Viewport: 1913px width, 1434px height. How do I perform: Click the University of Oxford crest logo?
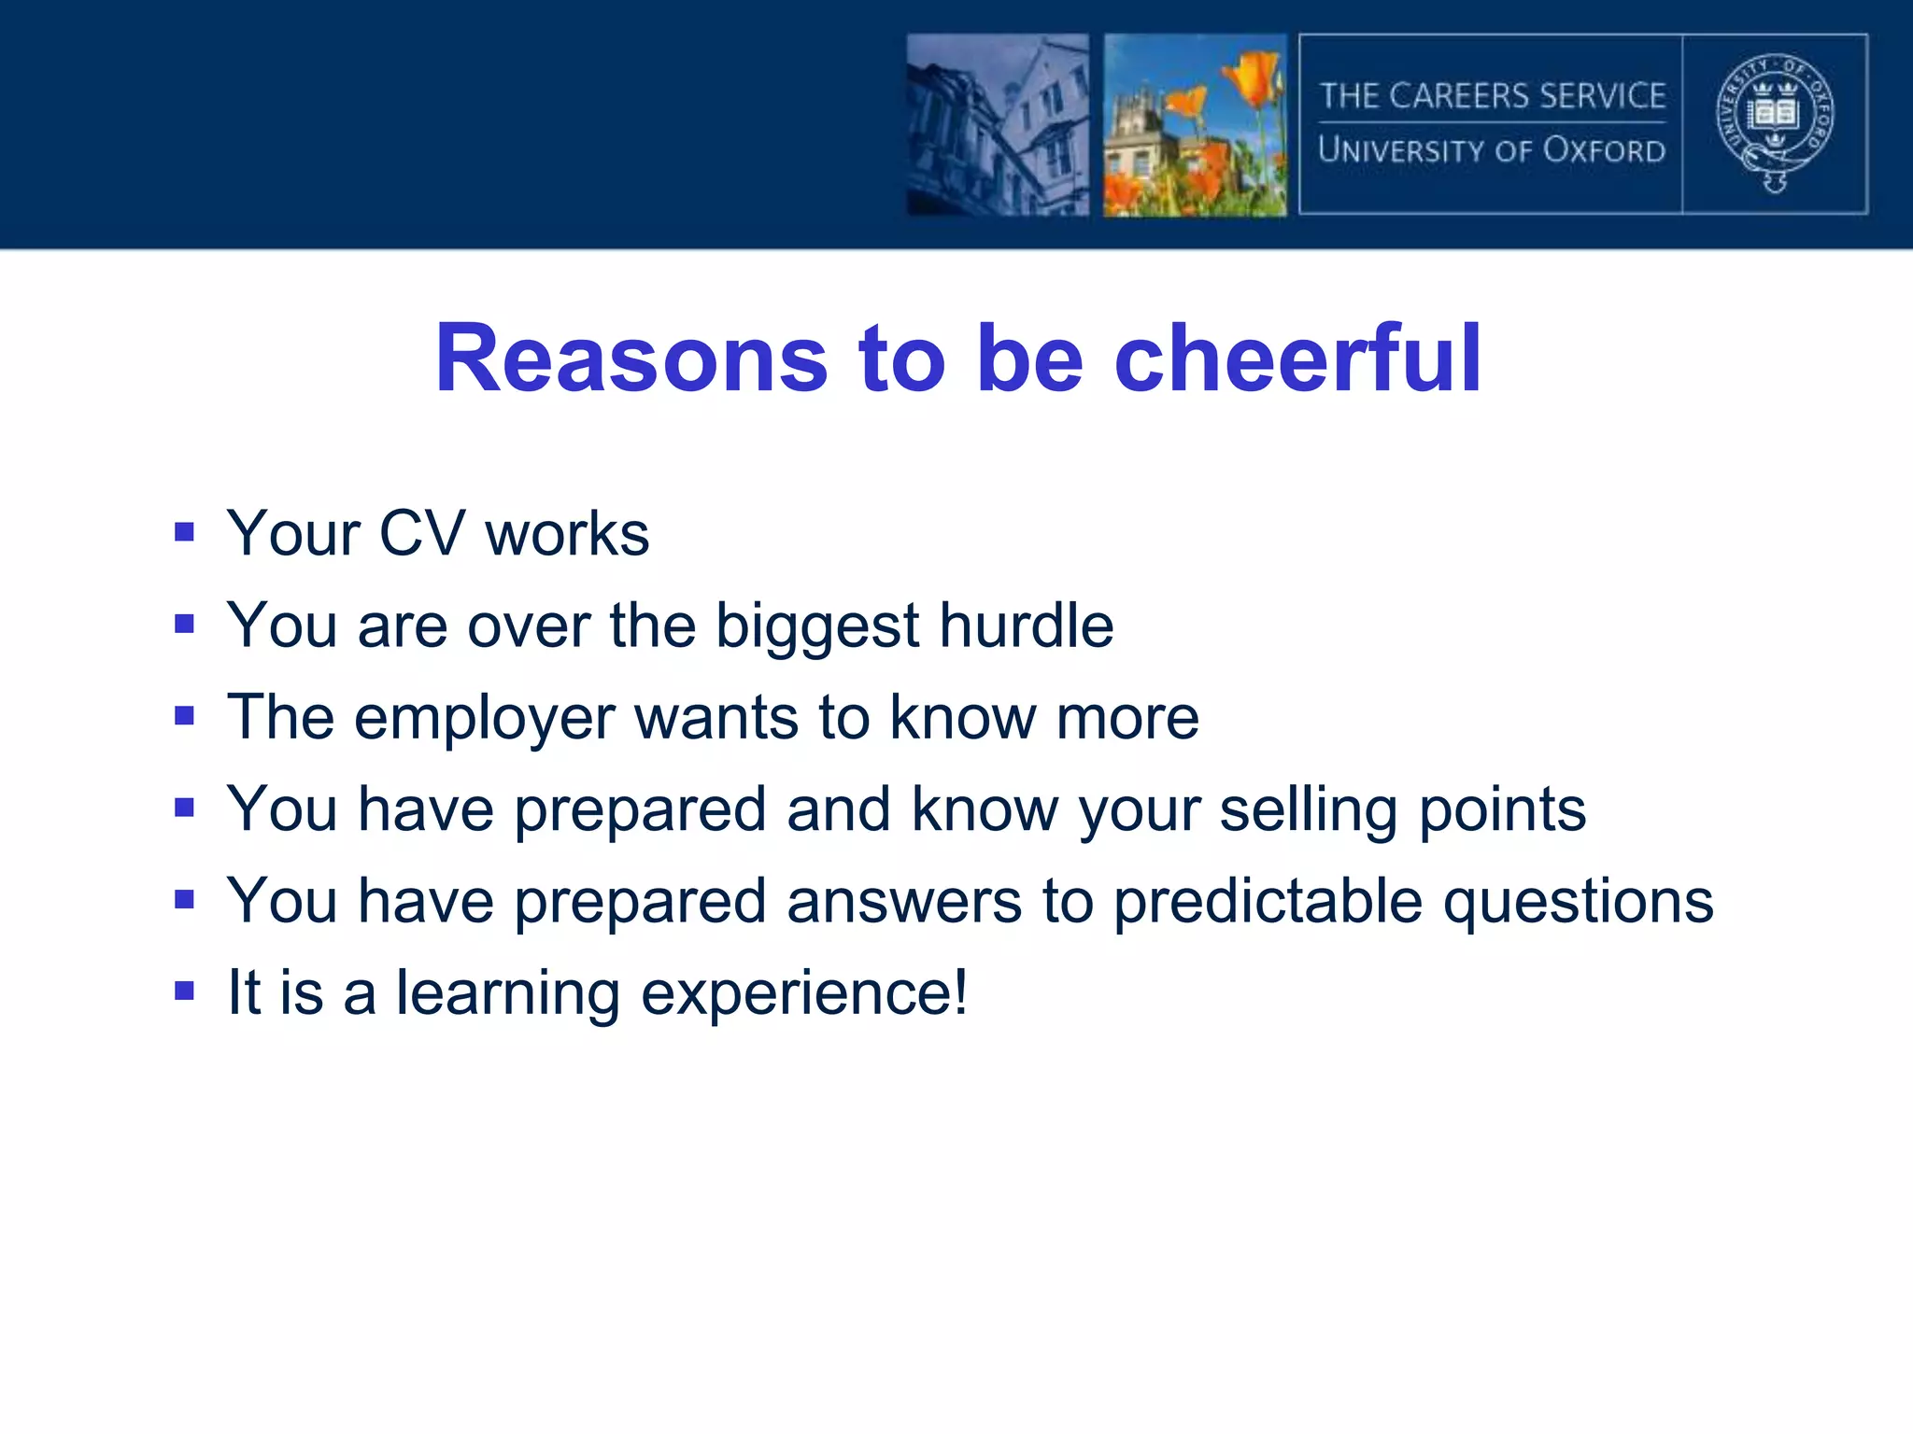click(1775, 123)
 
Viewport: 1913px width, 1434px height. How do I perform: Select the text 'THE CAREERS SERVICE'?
click(1492, 95)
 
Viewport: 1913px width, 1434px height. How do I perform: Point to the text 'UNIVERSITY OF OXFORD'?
click(1492, 150)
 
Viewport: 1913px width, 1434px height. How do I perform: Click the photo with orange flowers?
click(1195, 125)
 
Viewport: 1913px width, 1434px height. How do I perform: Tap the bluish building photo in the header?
click(998, 125)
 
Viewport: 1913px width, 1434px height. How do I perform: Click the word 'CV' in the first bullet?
click(420, 534)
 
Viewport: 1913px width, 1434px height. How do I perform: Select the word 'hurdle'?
click(1026, 626)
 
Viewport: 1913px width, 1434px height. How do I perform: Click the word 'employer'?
click(484, 719)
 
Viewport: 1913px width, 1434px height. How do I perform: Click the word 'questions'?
click(1578, 902)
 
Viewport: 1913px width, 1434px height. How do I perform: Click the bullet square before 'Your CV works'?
click(184, 532)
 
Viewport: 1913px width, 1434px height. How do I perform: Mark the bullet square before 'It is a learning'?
click(184, 991)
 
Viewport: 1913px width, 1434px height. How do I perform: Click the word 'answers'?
click(903, 902)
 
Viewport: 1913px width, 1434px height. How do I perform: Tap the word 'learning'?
click(507, 994)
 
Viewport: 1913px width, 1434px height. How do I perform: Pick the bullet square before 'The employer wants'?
click(184, 716)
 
